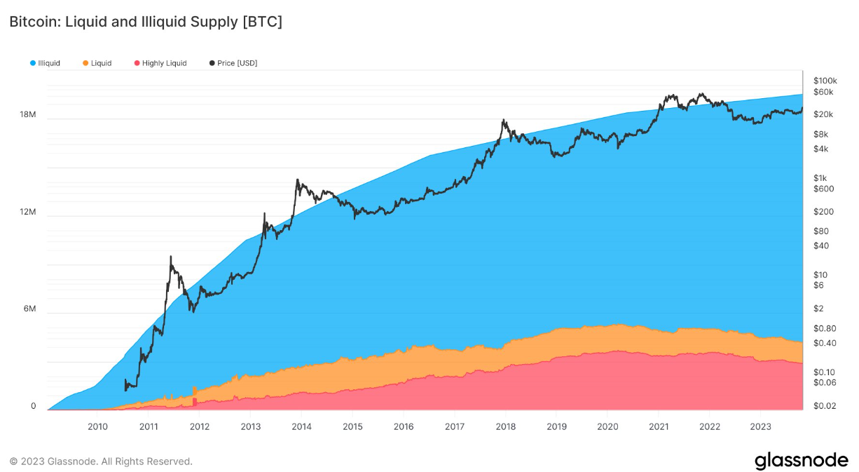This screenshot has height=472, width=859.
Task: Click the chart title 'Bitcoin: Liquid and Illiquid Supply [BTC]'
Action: tap(146, 22)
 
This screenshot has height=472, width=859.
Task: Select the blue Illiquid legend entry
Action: tap(45, 63)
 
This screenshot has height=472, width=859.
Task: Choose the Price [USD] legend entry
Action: tap(233, 63)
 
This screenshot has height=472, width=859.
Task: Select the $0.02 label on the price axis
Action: tap(824, 406)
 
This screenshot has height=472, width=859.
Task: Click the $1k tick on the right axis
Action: tap(820, 177)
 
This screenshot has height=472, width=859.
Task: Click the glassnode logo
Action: tap(801, 461)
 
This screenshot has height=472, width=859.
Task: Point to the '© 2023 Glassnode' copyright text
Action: tap(101, 461)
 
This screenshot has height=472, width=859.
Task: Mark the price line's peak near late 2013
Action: tap(298, 180)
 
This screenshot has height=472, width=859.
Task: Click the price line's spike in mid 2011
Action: tap(171, 257)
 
